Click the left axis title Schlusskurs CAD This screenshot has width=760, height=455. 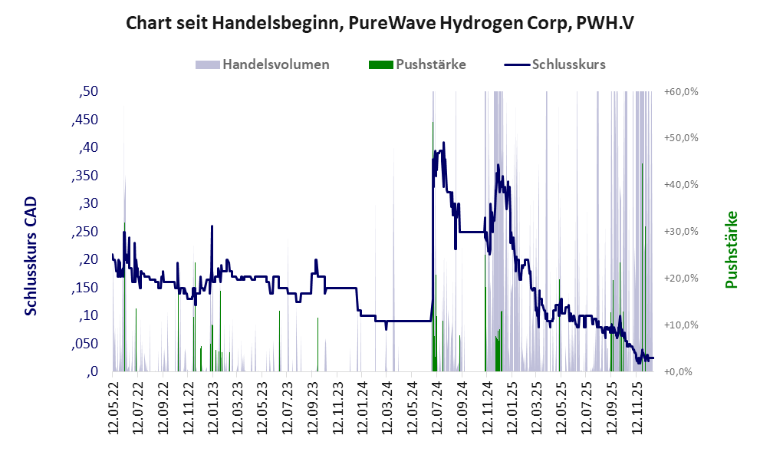point(31,256)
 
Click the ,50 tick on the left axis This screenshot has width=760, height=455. point(89,92)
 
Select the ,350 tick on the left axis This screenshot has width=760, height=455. point(85,176)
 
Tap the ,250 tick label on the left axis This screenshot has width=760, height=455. point(85,232)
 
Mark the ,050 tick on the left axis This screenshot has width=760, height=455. point(85,345)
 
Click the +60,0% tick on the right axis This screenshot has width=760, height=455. point(681,92)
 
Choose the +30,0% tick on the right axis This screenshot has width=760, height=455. point(681,232)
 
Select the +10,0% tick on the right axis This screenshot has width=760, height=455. point(681,325)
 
